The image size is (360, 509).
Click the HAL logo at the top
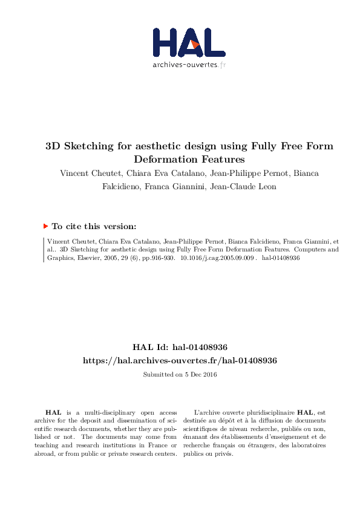[x=188, y=42]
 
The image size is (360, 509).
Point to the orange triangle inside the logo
[x=195, y=44]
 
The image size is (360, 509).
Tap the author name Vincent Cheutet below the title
[x=87, y=173]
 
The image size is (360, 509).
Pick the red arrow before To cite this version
[x=45, y=226]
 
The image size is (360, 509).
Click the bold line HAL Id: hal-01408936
[x=180, y=348]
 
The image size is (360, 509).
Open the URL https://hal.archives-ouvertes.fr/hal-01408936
[x=180, y=360]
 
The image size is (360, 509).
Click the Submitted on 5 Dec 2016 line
[x=180, y=375]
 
